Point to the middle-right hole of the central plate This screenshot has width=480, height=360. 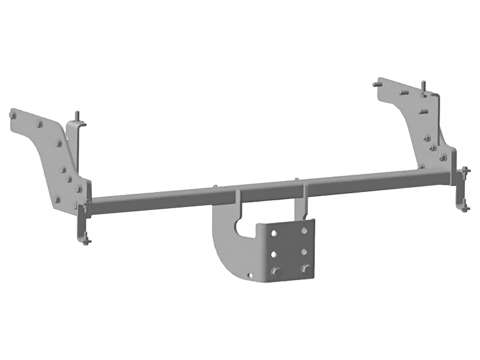[x=305, y=250]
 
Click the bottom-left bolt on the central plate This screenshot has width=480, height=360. [x=275, y=270]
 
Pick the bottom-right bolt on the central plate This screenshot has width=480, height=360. [x=305, y=268]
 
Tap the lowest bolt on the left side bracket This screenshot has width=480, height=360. [x=58, y=199]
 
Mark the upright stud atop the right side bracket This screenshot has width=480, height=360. [x=424, y=87]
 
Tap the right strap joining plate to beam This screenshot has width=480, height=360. [x=305, y=198]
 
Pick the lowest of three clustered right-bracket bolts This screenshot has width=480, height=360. [x=442, y=158]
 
